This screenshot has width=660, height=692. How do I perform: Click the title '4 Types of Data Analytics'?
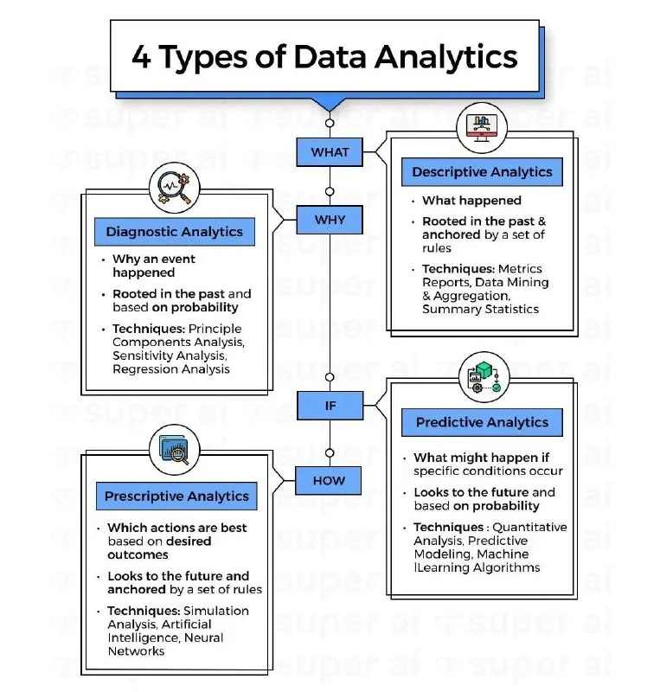(324, 57)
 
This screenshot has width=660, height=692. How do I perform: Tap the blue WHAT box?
(330, 152)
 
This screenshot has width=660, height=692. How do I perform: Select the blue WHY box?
(330, 220)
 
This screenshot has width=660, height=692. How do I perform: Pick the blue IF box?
(330, 405)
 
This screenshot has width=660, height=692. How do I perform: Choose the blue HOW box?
(330, 480)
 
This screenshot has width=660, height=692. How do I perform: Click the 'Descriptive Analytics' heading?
(482, 172)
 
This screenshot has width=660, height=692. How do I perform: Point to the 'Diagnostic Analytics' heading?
(174, 231)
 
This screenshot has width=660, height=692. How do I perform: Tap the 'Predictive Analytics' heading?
(482, 422)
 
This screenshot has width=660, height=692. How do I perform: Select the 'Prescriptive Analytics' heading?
(176, 496)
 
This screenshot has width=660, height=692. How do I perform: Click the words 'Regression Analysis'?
(171, 368)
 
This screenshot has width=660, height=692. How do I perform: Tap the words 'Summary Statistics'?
(480, 308)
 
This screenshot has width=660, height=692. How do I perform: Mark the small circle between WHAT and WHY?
(330, 191)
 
